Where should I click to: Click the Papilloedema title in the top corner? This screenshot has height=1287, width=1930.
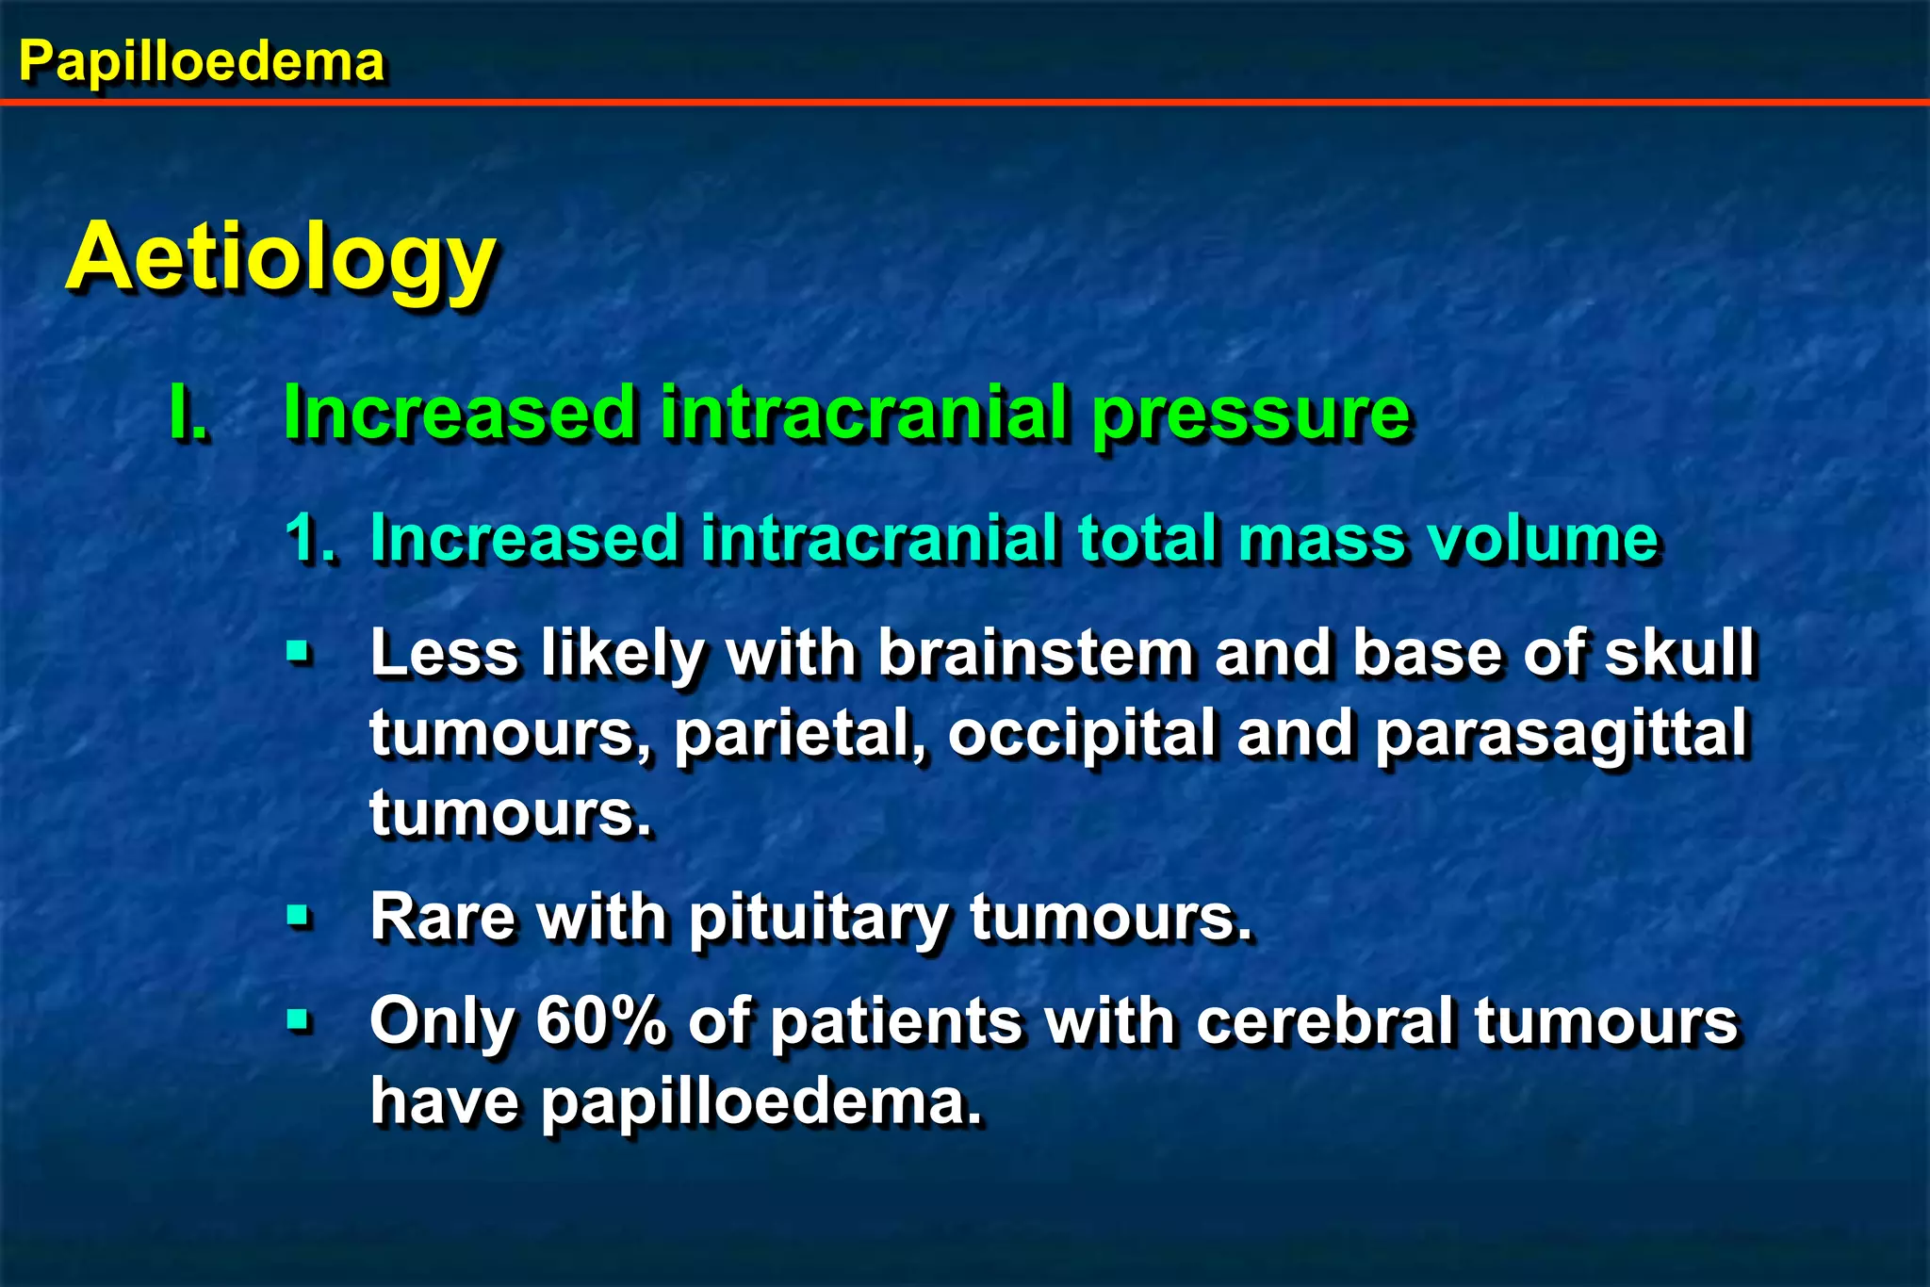[202, 62]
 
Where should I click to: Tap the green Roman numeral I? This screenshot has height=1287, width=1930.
[188, 413]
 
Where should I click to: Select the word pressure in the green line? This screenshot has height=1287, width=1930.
[1251, 415]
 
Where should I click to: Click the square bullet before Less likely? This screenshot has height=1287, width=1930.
[299, 651]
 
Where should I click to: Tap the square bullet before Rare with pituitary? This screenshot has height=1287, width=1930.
[299, 915]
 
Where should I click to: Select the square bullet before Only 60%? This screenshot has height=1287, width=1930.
[299, 1019]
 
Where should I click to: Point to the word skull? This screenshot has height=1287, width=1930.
[1679, 652]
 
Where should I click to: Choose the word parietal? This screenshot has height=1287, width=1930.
[802, 735]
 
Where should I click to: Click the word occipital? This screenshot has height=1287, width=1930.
[1082, 735]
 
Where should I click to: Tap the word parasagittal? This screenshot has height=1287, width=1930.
[1561, 735]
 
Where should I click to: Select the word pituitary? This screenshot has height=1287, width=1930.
[819, 918]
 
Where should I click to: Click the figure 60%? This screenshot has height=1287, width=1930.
[602, 1020]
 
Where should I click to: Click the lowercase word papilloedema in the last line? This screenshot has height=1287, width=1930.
[761, 1101]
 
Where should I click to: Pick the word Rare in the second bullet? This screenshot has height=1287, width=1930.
[443, 916]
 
